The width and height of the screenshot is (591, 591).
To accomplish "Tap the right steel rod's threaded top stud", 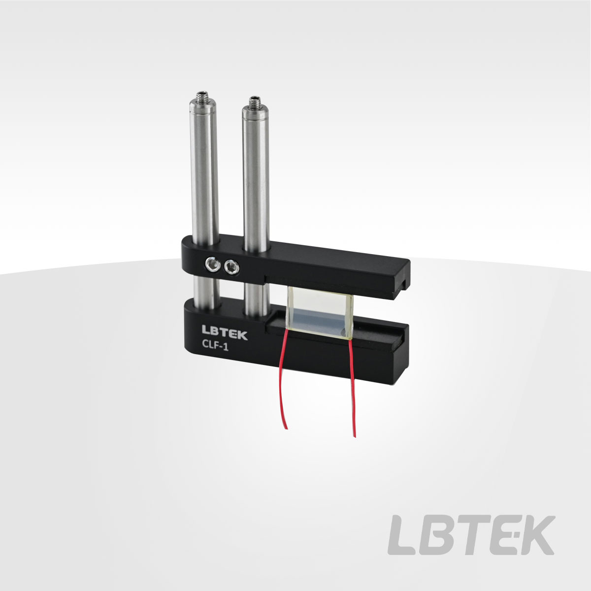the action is tap(254, 100).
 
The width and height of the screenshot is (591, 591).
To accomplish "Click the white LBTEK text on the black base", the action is tap(224, 332).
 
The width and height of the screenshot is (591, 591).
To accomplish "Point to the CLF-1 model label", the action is tap(215, 346).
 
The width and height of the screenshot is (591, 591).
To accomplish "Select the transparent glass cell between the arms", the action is tap(321, 313).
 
